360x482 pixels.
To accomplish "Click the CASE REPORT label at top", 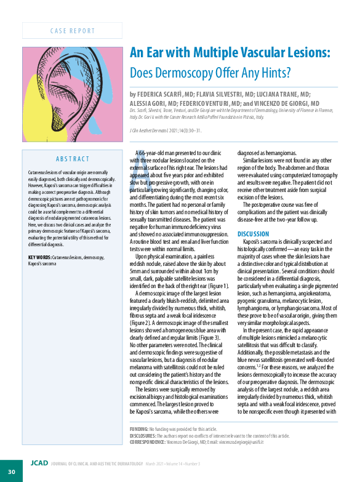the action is (x=73, y=31).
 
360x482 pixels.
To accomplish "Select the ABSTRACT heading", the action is (x=73, y=159).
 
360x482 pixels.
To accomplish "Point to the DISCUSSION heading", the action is (x=253, y=234).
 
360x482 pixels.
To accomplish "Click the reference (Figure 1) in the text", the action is (x=215, y=286).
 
